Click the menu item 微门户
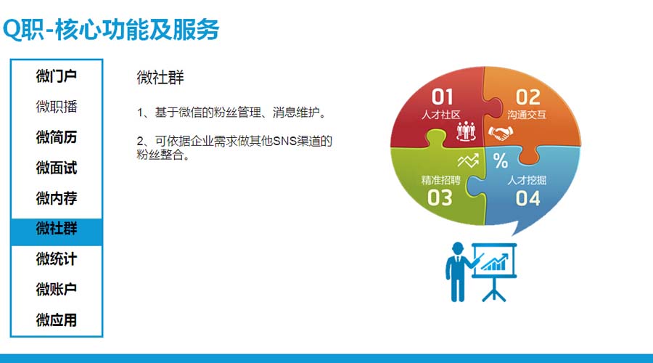coord(56,76)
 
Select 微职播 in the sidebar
coord(56,107)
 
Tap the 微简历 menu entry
coord(56,137)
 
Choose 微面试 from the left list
coord(56,168)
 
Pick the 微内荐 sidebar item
coord(56,198)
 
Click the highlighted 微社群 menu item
coord(56,229)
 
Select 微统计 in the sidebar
coord(56,259)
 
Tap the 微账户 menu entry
coord(56,289)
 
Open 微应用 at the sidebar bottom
coord(56,320)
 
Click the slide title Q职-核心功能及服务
coord(111,29)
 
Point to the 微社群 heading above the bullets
coord(160,78)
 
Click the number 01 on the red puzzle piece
coord(442,97)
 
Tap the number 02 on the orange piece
coord(527,97)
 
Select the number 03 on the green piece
coord(440,198)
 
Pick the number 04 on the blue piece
coord(527,198)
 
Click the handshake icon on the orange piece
coord(500,134)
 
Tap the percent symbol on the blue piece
coord(501,160)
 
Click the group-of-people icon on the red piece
coord(466,131)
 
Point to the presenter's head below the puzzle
coord(457,248)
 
